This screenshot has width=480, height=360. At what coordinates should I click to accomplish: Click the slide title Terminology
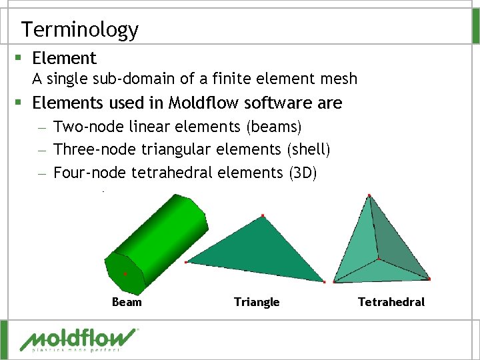79,29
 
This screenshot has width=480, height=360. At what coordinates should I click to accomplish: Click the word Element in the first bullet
64,59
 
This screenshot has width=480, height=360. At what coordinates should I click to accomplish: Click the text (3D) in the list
304,173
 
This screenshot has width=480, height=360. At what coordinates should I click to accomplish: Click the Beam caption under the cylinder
127,302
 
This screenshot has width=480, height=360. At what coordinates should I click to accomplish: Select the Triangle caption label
257,302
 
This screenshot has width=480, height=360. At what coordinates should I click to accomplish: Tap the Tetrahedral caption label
391,302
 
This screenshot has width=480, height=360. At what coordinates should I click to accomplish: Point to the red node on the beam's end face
125,274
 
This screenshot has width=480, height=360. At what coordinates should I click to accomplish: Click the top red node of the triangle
263,215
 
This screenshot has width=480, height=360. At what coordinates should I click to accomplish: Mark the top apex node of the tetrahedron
369,195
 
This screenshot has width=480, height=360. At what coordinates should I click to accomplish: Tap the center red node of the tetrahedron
379,258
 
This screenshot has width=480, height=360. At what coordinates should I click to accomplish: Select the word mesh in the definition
338,79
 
